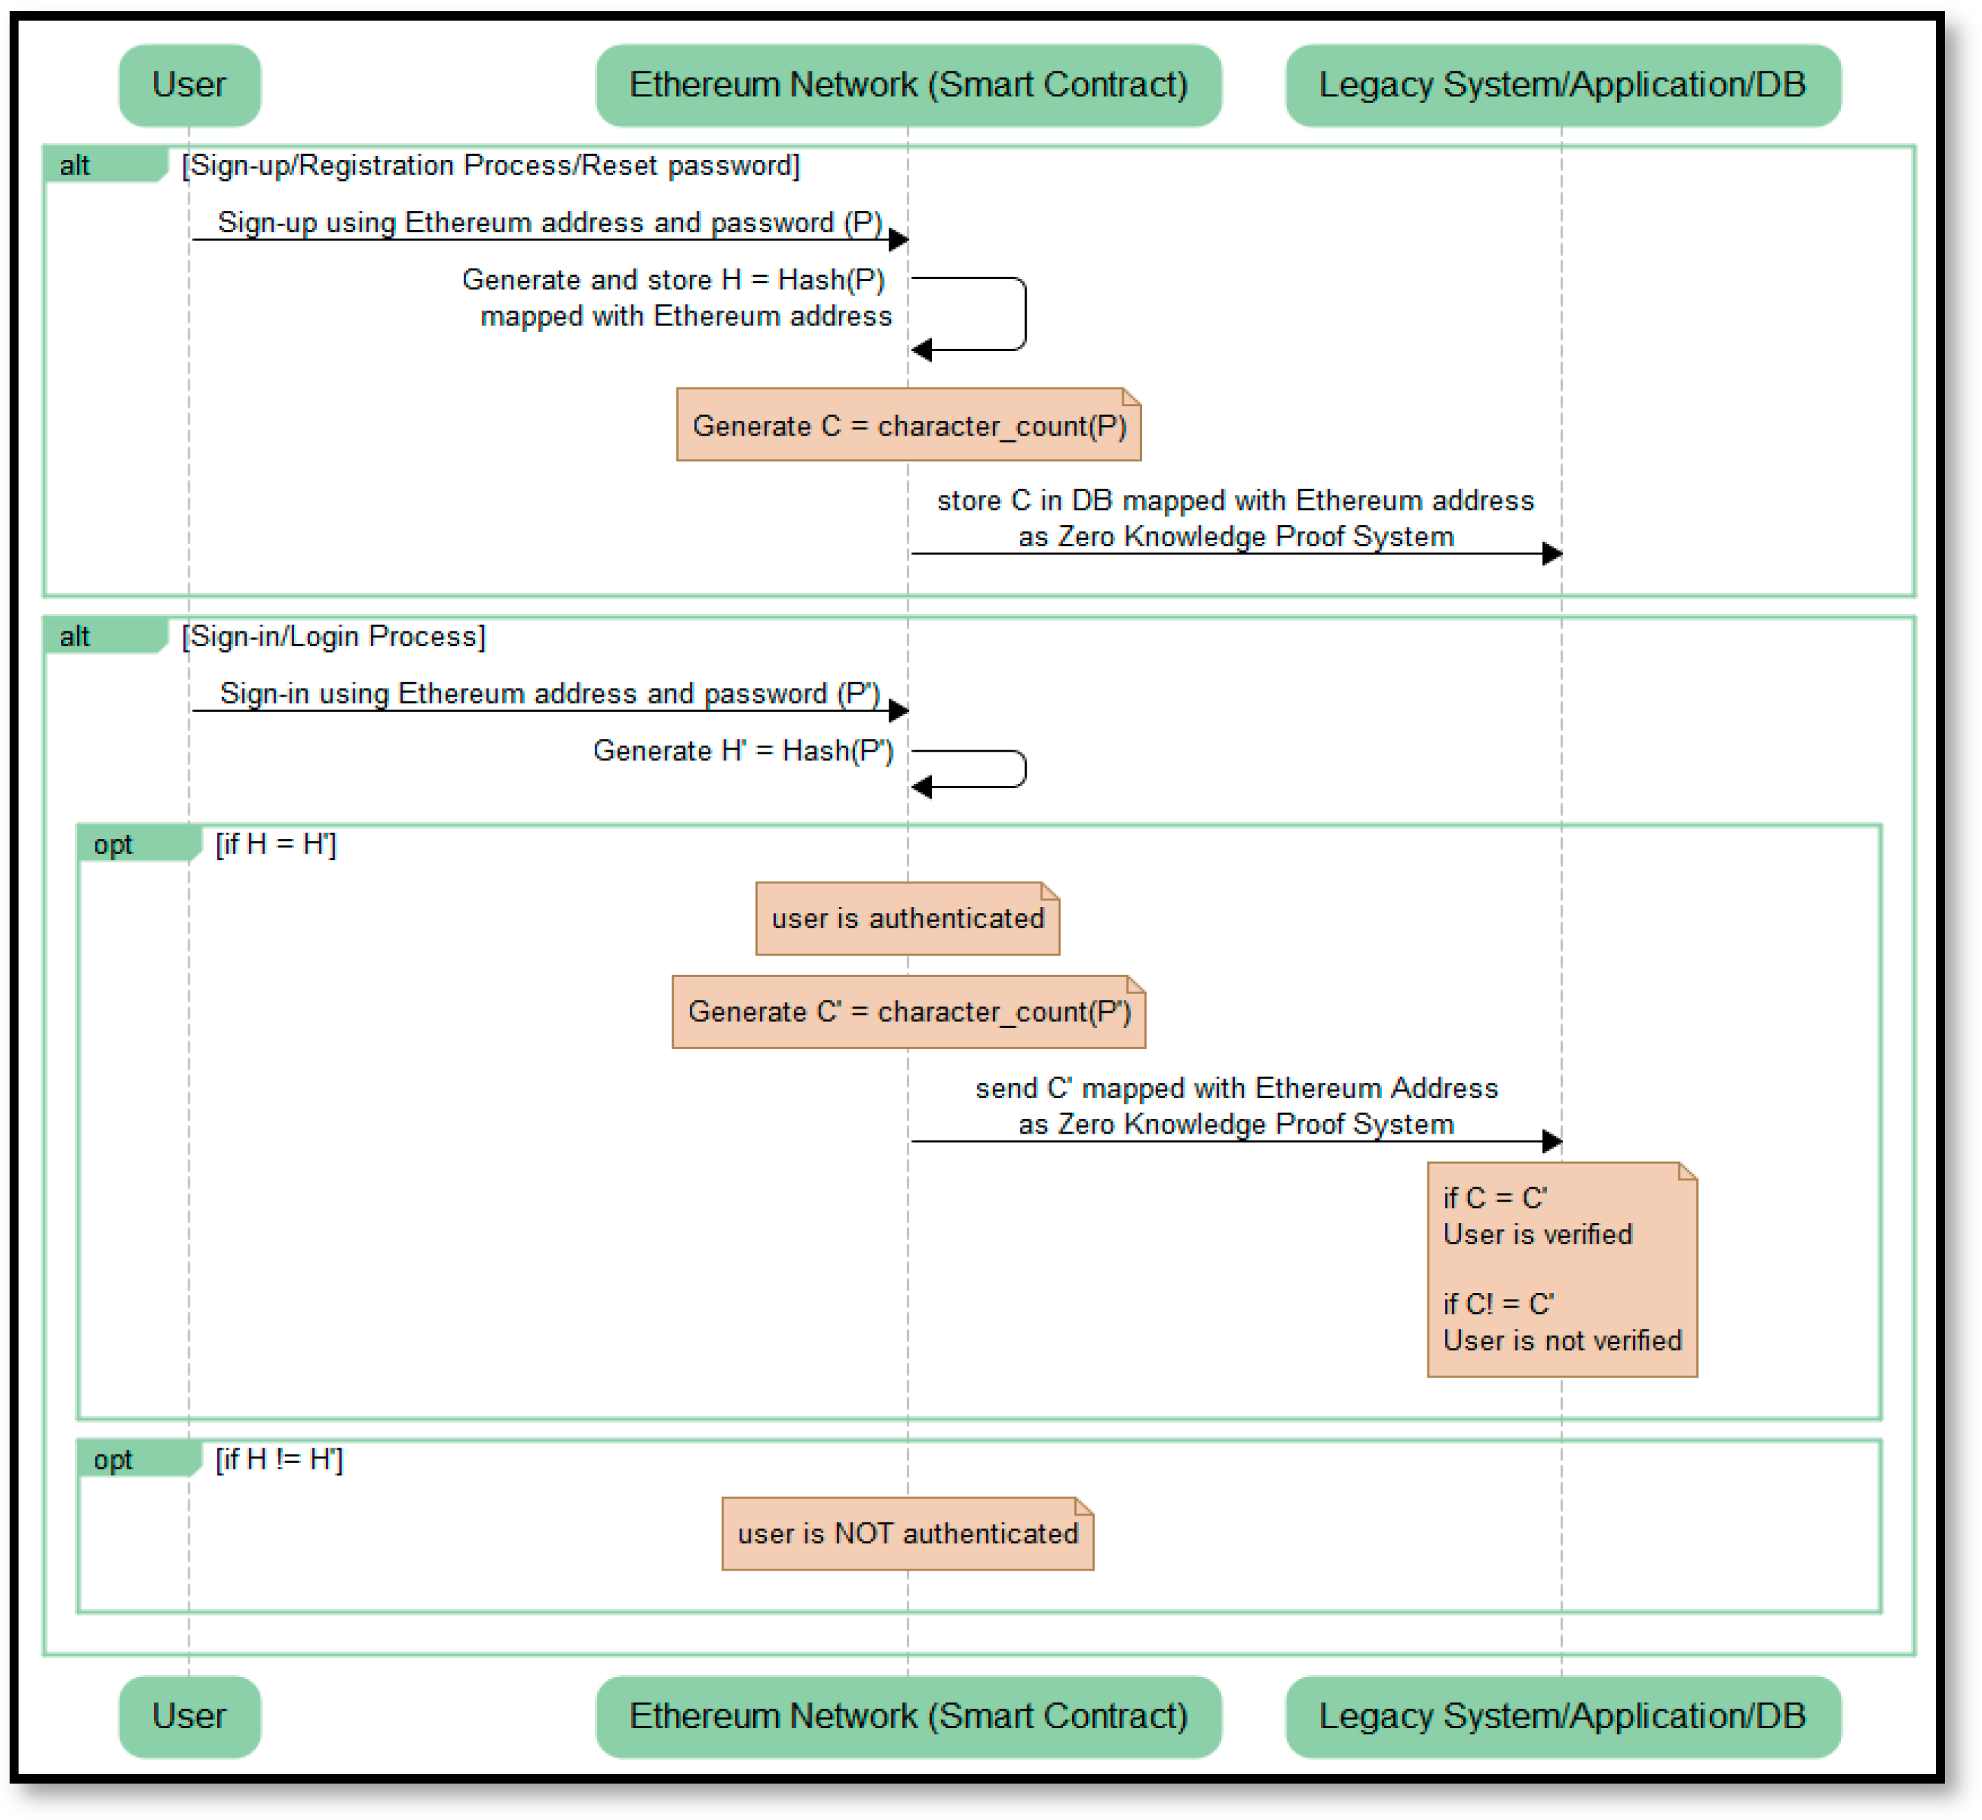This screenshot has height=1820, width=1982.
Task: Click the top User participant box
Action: (x=189, y=85)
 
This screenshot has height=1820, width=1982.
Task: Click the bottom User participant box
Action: (x=189, y=1716)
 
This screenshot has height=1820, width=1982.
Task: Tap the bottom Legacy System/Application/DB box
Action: (x=1562, y=1716)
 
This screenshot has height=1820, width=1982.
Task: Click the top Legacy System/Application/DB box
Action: (x=1562, y=85)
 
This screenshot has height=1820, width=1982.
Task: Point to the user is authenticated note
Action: (x=906, y=918)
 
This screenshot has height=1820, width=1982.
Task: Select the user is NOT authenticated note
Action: (x=906, y=1533)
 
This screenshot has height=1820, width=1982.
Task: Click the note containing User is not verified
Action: (x=1561, y=1270)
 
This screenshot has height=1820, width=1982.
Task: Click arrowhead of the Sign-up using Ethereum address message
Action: (x=898, y=239)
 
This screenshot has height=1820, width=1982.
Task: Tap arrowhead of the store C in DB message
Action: (x=1552, y=554)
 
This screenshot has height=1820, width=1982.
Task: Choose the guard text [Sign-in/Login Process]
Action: (x=333, y=636)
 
